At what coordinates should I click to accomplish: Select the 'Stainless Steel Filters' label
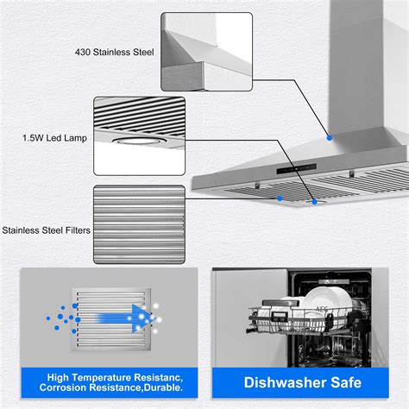tap(46, 230)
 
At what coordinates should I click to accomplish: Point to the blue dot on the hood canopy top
tap(328, 136)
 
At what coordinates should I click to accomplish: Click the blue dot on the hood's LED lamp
tap(315, 202)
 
